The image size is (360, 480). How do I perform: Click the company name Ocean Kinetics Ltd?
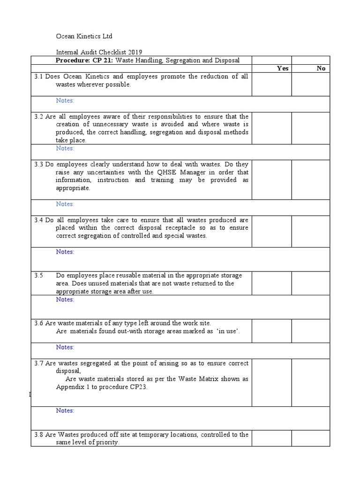tap(84, 36)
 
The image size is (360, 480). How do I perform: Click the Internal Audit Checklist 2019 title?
tap(98, 52)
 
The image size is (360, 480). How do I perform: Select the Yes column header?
tap(283, 68)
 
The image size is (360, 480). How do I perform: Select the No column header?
tap(321, 68)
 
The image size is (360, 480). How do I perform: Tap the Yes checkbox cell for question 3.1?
tap(271, 84)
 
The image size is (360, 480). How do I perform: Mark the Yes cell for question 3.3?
tap(271, 180)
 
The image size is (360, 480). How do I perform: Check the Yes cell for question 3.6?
tap(271, 331)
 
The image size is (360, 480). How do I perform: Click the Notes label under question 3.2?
tap(65, 148)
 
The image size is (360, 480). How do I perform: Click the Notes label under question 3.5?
tap(65, 299)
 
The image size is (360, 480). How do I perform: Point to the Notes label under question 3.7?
tap(65, 410)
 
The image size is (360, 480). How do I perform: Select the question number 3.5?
tap(38, 275)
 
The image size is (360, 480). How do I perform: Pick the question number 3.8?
tap(38, 435)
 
